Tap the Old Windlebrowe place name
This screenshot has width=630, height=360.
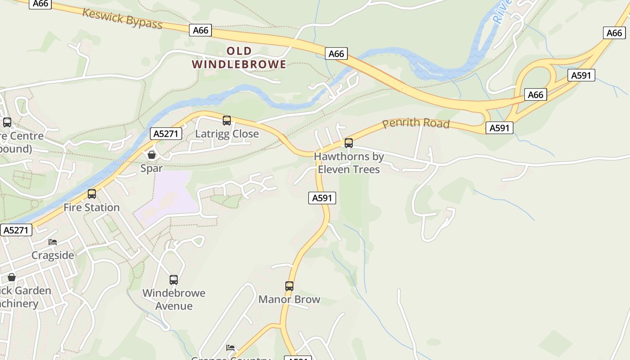[239, 58]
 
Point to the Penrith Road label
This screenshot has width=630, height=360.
[416, 123]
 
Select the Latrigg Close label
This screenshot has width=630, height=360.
[227, 134]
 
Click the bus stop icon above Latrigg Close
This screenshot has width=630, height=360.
[227, 121]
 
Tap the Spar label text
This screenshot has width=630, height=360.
[151, 168]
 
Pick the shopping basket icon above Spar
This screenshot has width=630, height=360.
[152, 155]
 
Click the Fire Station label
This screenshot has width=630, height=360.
[91, 207]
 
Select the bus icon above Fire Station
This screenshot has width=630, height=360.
[92, 194]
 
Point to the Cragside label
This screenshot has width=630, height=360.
[53, 255]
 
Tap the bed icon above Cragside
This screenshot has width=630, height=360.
[53, 242]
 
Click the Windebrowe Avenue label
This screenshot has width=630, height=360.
[174, 299]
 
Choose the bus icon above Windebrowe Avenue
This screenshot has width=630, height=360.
[174, 280]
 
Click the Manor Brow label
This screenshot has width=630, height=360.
[289, 299]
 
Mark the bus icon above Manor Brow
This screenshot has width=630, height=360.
[289, 286]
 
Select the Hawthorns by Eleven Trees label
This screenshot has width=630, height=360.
[349, 163]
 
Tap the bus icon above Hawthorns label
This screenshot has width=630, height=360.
[349, 143]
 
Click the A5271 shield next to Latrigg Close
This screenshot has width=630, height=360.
[166, 134]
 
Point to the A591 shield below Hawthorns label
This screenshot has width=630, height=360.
[322, 198]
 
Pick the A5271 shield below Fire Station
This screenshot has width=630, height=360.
[16, 230]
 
